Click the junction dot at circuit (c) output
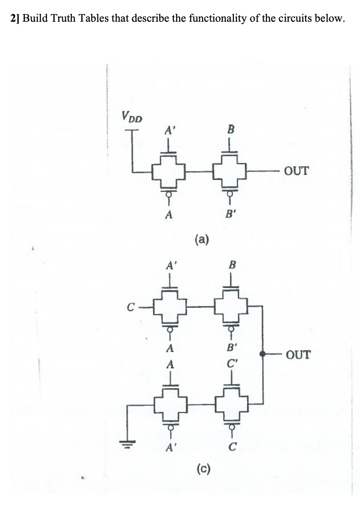[262, 354]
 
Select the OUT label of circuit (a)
[297, 170]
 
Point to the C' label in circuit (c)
[231, 364]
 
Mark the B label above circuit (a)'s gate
[231, 129]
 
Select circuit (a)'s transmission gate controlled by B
[231, 173]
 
